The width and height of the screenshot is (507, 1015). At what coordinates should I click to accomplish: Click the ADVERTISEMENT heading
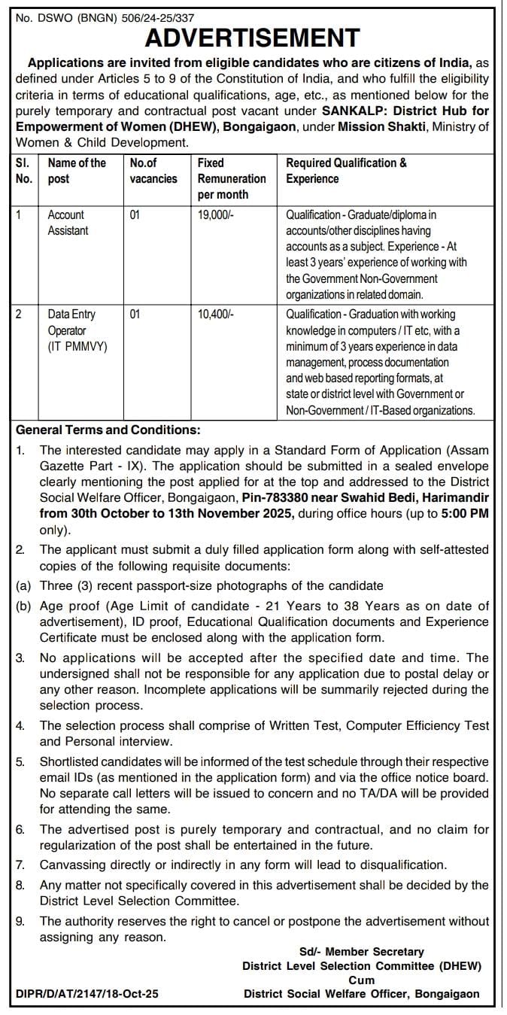[253, 37]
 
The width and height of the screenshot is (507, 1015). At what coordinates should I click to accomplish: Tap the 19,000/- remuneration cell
[216, 214]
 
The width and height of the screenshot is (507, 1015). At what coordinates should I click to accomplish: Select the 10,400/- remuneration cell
[216, 315]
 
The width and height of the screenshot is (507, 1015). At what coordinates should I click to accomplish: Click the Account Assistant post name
[68, 223]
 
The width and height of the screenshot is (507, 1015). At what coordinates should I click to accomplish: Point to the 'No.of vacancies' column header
[153, 171]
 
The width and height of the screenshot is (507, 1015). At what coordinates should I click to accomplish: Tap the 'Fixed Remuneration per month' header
[231, 178]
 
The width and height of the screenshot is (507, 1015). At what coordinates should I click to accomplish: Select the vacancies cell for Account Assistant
[135, 214]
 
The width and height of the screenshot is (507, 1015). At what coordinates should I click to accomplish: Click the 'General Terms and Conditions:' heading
[108, 430]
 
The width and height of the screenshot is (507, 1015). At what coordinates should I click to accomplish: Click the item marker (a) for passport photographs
[25, 585]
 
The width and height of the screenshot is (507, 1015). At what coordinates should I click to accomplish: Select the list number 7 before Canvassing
[21, 865]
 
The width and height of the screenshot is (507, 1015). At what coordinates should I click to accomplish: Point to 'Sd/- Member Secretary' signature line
[361, 952]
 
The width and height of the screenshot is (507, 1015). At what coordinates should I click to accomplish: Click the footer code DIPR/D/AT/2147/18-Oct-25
[87, 994]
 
